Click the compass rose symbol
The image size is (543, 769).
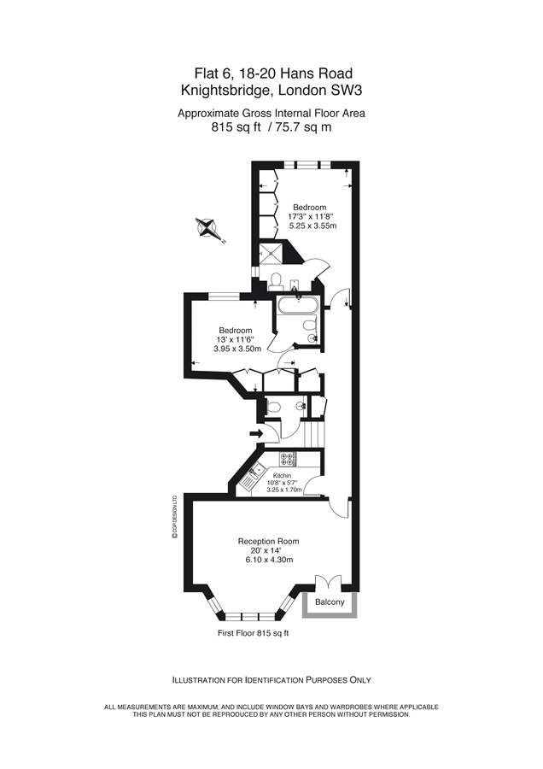208,229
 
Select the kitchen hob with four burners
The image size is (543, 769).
301,460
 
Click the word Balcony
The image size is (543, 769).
330,602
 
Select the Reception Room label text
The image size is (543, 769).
268,542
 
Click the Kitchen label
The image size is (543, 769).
282,476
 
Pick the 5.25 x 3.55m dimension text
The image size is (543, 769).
312,226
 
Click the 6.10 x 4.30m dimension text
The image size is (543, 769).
268,561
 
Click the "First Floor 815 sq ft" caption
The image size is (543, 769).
254,633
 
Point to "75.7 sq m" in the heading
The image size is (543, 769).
303,128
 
